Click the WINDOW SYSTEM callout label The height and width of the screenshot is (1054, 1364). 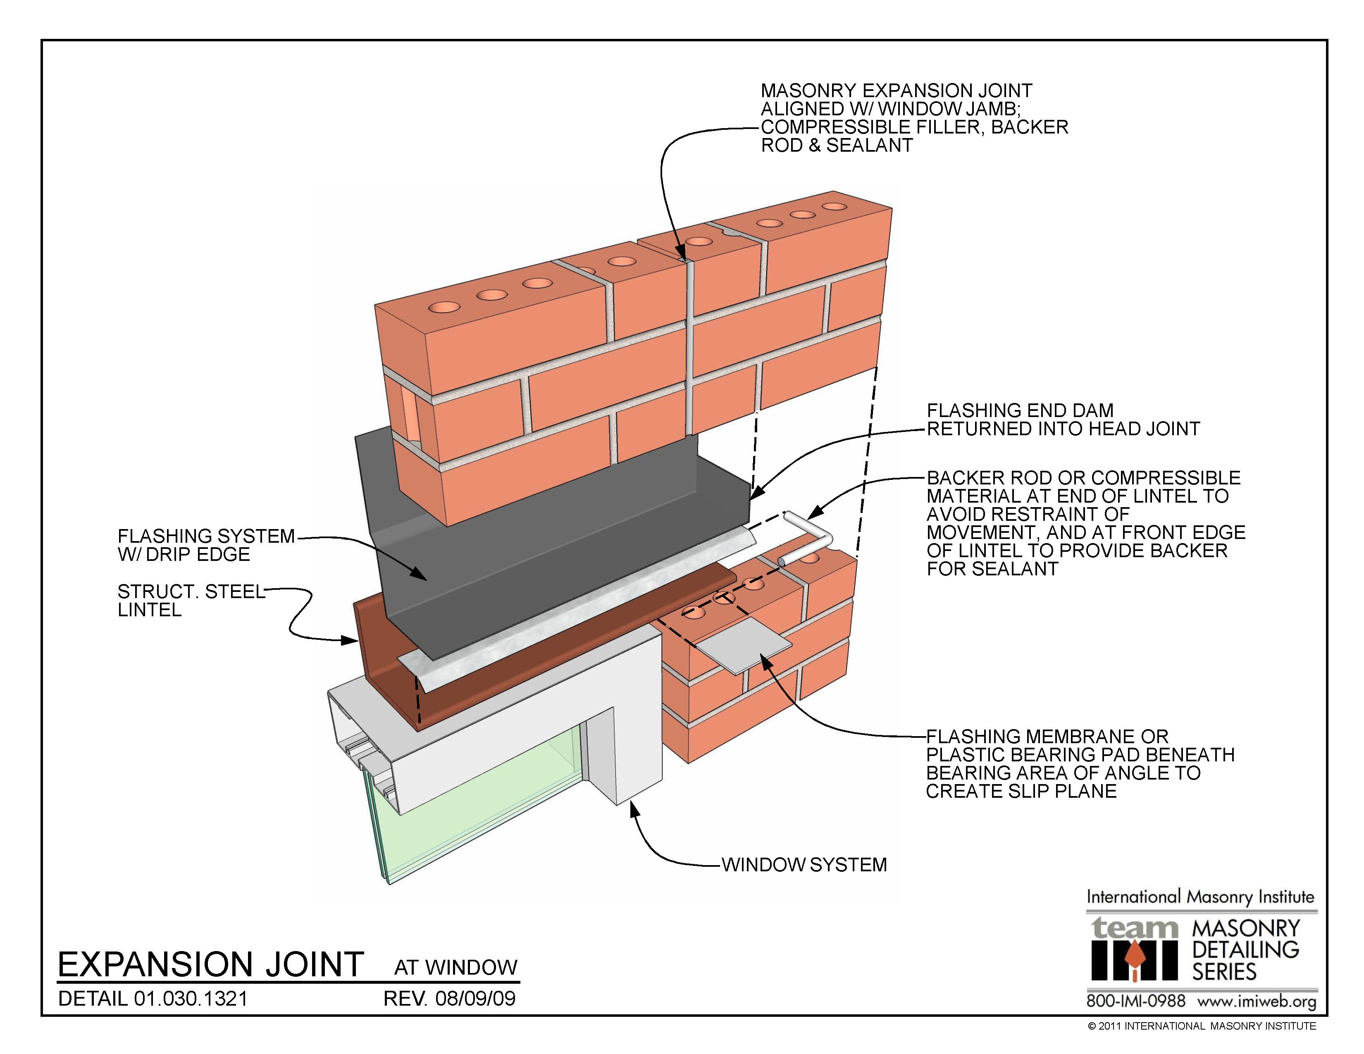pos(804,865)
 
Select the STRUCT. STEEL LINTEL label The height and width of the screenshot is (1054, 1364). pos(191,600)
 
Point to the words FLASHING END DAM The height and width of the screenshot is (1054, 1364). pos(1019,410)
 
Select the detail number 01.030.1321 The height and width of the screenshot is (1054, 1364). pos(191,999)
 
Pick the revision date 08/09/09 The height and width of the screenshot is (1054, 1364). pos(475,999)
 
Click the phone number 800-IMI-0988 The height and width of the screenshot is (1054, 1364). pos(1135,1001)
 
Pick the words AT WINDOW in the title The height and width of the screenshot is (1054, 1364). pos(455,967)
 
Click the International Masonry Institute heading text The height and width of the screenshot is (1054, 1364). pos(1200,897)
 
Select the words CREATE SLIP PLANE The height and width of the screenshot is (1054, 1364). pos(1021,791)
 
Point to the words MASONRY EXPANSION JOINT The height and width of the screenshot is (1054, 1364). pos(896,91)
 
